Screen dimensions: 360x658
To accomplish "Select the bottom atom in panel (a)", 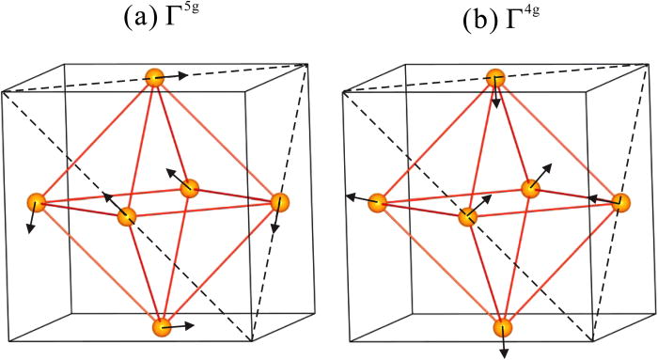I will coord(162,327).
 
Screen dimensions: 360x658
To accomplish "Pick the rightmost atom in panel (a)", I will coord(279,202).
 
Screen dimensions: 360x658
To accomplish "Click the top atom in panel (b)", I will coord(496,78).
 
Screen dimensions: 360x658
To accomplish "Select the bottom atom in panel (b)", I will coord(503,327).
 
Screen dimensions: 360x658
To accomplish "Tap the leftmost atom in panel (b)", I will coord(378,202).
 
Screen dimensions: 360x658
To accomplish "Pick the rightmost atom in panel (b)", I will coord(620,202).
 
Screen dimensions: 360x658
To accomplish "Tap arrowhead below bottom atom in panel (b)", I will coord(504,354).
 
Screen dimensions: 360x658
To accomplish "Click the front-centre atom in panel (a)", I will coord(127,216).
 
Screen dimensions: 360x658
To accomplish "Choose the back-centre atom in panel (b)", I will coord(531,188).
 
